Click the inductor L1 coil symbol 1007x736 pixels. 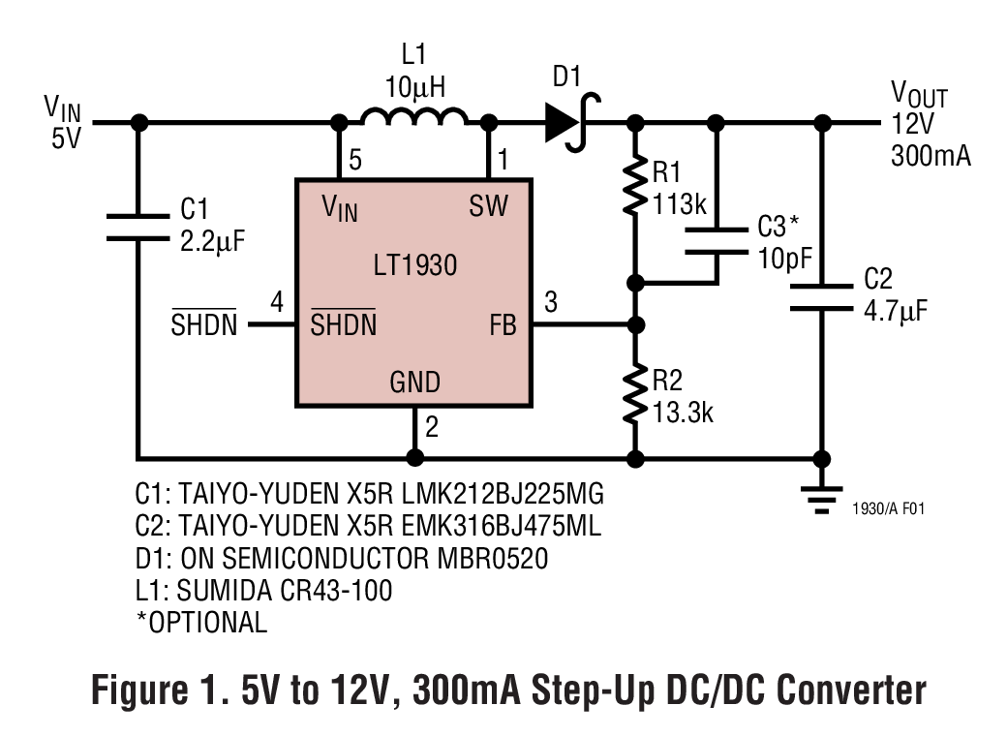413,118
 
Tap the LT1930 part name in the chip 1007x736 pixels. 413,264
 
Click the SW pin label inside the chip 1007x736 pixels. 488,205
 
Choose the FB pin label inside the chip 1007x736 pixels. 503,325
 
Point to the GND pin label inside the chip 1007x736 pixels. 414,383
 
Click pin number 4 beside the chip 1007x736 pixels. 277,303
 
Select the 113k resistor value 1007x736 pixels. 681,204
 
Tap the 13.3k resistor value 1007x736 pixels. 684,412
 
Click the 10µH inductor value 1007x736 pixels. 414,87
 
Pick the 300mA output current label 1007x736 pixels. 931,157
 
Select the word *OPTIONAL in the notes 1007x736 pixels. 201,622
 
